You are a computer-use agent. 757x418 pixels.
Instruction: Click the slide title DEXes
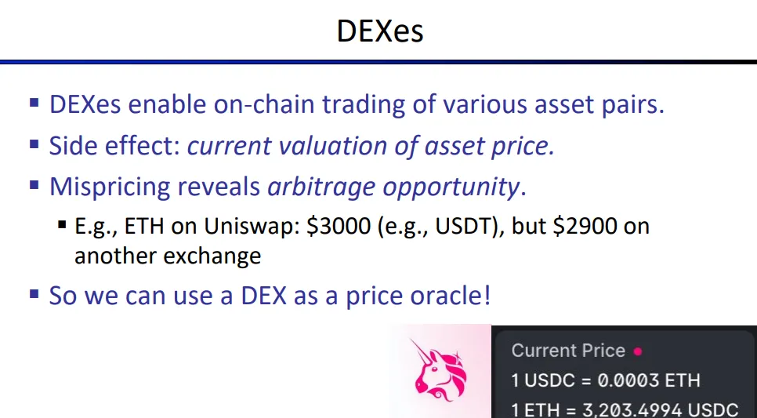[380, 31]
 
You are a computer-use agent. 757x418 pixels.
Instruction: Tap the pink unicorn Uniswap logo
[440, 369]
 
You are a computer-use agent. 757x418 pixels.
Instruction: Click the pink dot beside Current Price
[638, 352]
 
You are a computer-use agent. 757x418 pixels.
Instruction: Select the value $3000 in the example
[339, 226]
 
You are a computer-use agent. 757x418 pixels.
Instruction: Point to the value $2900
[585, 226]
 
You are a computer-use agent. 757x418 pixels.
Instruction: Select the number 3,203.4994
[633, 410]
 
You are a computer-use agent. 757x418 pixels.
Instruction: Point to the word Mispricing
[109, 187]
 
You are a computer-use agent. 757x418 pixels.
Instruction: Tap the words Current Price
[568, 351]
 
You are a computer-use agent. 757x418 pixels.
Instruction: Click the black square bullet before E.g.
[62, 224]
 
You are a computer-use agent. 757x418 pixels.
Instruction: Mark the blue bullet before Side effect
[34, 144]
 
